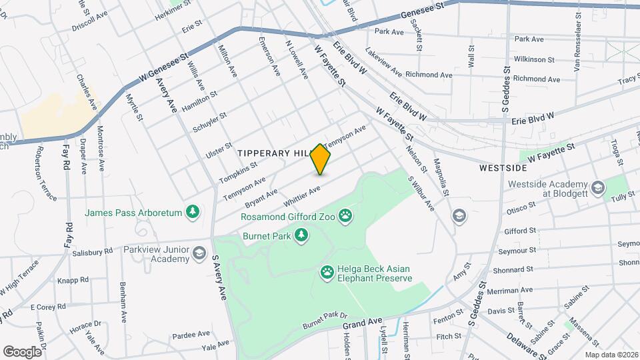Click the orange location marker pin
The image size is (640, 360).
click(x=321, y=159)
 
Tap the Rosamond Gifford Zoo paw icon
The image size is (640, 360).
click(x=345, y=215)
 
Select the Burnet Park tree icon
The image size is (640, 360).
click(x=302, y=235)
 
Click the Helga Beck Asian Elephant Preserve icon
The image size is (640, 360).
click(x=327, y=271)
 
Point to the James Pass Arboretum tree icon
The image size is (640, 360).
click(x=193, y=212)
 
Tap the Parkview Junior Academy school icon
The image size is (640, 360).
click(x=199, y=253)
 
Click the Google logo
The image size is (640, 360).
click(x=23, y=351)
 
